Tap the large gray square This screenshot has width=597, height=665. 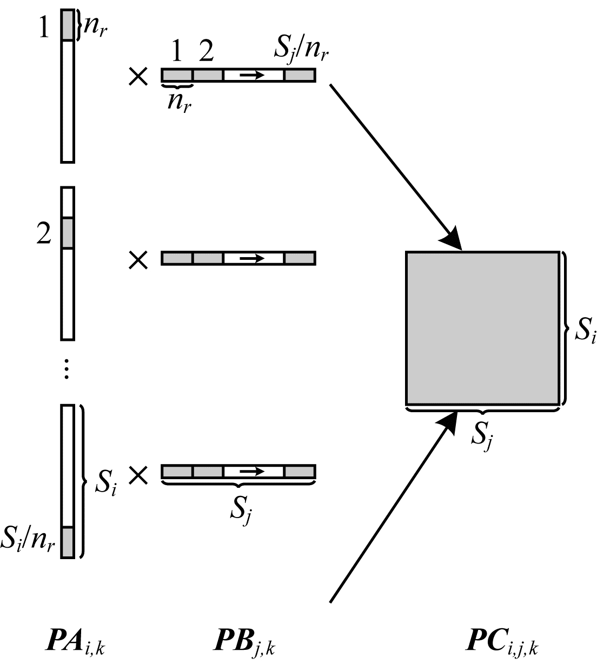482,328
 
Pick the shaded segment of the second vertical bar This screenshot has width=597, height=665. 67,233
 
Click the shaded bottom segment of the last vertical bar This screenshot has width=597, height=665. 67,541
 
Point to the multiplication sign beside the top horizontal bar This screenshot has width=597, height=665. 138,77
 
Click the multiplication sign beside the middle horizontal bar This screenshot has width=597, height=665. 138,260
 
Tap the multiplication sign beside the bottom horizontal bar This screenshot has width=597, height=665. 138,475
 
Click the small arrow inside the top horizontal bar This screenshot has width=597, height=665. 252,75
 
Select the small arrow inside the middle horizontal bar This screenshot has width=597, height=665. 252,258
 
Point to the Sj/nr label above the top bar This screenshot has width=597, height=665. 301,51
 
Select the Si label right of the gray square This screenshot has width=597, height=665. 584,331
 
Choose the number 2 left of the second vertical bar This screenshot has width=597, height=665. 43,234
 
